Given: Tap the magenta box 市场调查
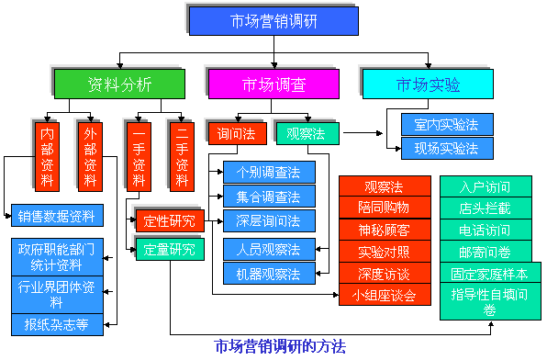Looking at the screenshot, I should [274, 84].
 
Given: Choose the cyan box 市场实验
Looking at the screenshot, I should [429, 84].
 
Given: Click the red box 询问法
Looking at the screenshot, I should [236, 133].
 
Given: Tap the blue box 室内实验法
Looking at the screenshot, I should [447, 124].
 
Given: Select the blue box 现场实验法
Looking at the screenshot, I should [447, 147].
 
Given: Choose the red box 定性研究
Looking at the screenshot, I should [169, 220].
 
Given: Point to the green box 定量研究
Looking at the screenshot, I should [169, 248].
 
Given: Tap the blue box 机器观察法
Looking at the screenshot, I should [268, 274].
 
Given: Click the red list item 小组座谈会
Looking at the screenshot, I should [384, 295].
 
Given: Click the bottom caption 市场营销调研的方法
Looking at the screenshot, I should [280, 346].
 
